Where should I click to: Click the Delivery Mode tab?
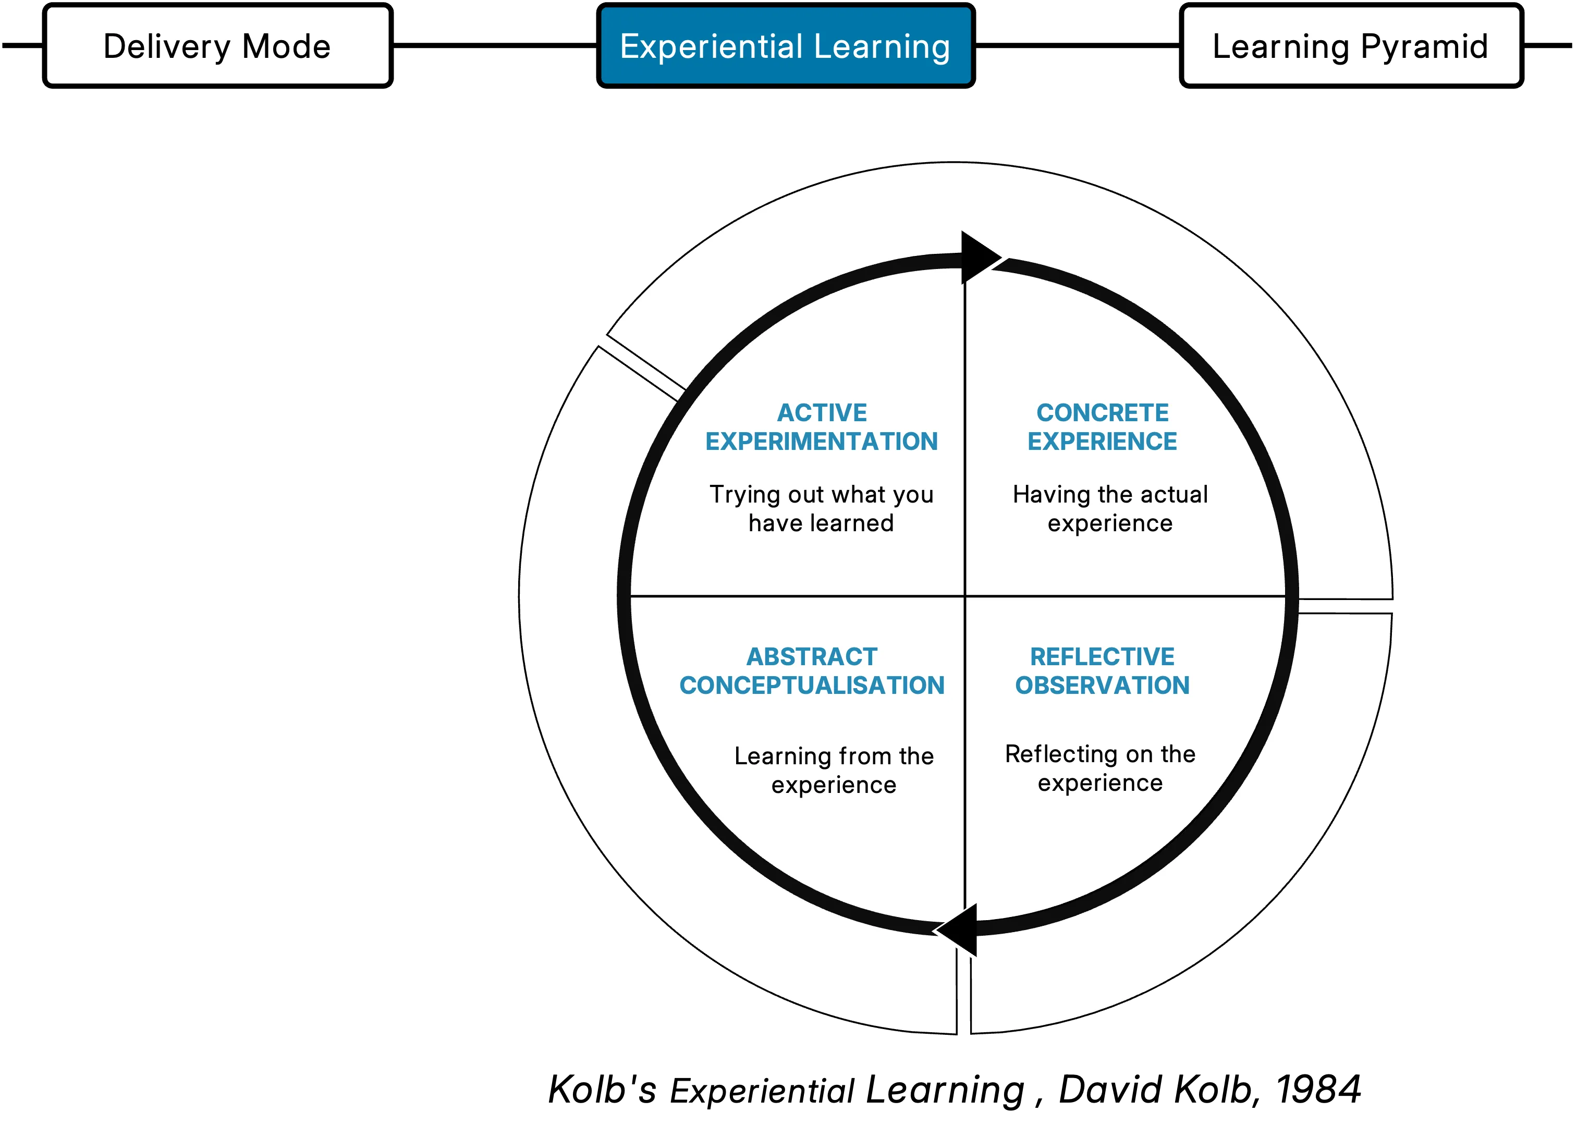[217, 46]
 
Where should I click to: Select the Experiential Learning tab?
[785, 46]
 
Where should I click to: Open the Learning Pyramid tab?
[1351, 46]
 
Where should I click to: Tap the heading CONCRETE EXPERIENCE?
[1102, 427]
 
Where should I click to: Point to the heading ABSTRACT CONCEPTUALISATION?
[812, 671]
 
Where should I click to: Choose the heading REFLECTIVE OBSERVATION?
[1102, 671]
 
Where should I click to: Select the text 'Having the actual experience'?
[1110, 508]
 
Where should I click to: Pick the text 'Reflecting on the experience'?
[1100, 768]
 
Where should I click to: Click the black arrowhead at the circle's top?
[977, 258]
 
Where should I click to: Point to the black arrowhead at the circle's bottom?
[960, 930]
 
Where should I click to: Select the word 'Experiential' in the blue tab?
[711, 46]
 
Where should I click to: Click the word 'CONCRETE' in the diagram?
[1102, 412]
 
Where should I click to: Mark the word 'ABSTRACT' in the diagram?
[812, 656]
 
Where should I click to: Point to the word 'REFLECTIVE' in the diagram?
[1102, 656]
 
